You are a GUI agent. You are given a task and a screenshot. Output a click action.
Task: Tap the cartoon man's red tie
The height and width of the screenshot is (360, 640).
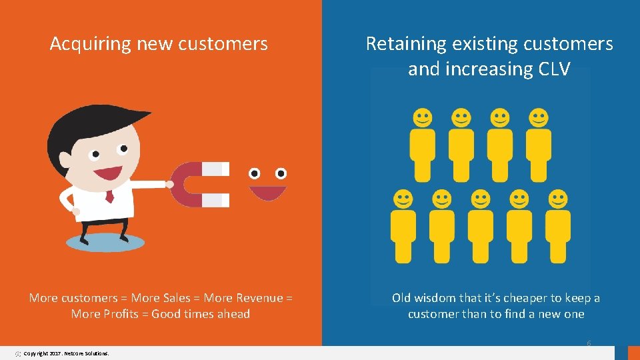[x=110, y=197]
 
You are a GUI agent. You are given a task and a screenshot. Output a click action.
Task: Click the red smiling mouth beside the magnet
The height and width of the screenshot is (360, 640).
[x=267, y=193]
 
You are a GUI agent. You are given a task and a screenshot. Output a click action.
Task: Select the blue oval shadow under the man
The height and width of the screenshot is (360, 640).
[x=105, y=242]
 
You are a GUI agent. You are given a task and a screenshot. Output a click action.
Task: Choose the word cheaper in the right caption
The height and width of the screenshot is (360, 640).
[x=527, y=297]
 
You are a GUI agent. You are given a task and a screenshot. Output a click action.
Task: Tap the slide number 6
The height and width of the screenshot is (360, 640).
[x=589, y=343]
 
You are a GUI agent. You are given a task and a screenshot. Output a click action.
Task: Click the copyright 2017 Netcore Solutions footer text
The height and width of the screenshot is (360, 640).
[x=66, y=353]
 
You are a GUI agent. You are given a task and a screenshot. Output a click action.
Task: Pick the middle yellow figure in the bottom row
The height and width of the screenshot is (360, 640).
[x=481, y=227]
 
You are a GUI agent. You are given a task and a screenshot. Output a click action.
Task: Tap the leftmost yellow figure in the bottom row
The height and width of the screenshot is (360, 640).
[x=403, y=227]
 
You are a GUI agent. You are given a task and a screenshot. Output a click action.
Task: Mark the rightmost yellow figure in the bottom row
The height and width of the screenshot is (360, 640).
[x=558, y=227]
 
